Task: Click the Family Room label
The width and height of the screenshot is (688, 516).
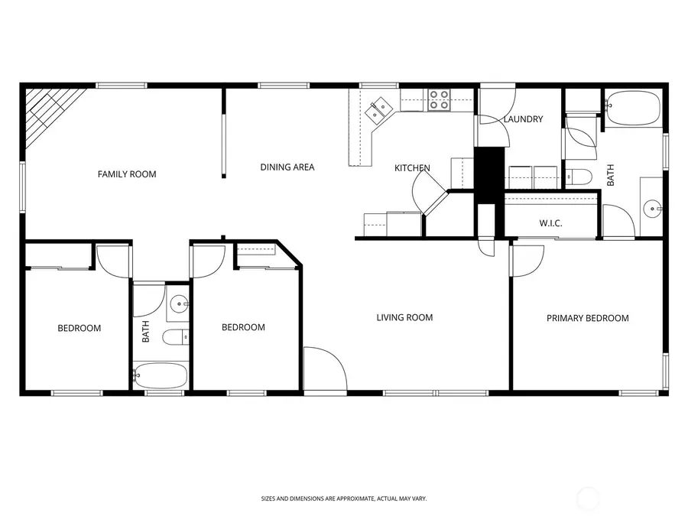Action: pos(127,174)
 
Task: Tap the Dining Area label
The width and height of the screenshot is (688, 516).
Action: pos(287,167)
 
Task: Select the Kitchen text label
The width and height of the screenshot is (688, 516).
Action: pos(412,168)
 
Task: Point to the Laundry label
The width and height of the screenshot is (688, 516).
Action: pos(523,119)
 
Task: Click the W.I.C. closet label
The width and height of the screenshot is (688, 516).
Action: pos(550,224)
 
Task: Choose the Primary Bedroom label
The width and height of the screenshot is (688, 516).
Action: pos(587,318)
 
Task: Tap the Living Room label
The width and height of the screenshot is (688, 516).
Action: pos(404,317)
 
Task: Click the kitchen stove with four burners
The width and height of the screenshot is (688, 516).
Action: pos(439,100)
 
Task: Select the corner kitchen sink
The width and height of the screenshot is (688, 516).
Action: pos(378,110)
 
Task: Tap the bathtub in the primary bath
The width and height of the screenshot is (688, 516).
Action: pos(632,108)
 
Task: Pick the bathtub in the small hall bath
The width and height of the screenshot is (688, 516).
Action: pos(160,375)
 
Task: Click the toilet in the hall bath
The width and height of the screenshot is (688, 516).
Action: pos(175,337)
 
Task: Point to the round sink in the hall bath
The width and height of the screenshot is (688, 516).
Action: pos(180,304)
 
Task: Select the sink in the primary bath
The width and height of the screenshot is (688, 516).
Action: pos(651,206)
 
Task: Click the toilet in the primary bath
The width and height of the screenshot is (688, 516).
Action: pos(579,177)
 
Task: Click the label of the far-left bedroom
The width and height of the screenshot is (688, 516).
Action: pos(80,328)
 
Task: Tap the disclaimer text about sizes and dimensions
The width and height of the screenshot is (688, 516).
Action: pos(343,498)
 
